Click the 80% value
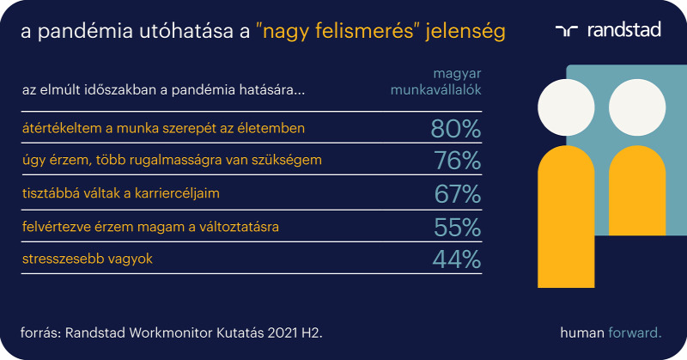pos(456,129)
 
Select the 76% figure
pos(458,161)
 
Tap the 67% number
pos(458,194)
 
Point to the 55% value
pos(458,227)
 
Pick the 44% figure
pos(457,259)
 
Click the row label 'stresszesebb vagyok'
pos(88,259)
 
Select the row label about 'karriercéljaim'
pos(121,193)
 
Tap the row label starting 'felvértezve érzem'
pos(150,227)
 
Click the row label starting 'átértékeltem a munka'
pos(163,128)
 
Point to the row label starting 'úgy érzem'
pos(172,160)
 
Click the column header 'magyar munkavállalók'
pos(436,82)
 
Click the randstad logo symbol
pos(567,30)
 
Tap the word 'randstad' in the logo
pos(624,30)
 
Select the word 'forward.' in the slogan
pos(635,333)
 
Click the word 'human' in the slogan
pos(582,333)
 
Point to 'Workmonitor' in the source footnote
pos(171,333)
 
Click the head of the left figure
pos(566,107)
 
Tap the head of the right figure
pos(637,107)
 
